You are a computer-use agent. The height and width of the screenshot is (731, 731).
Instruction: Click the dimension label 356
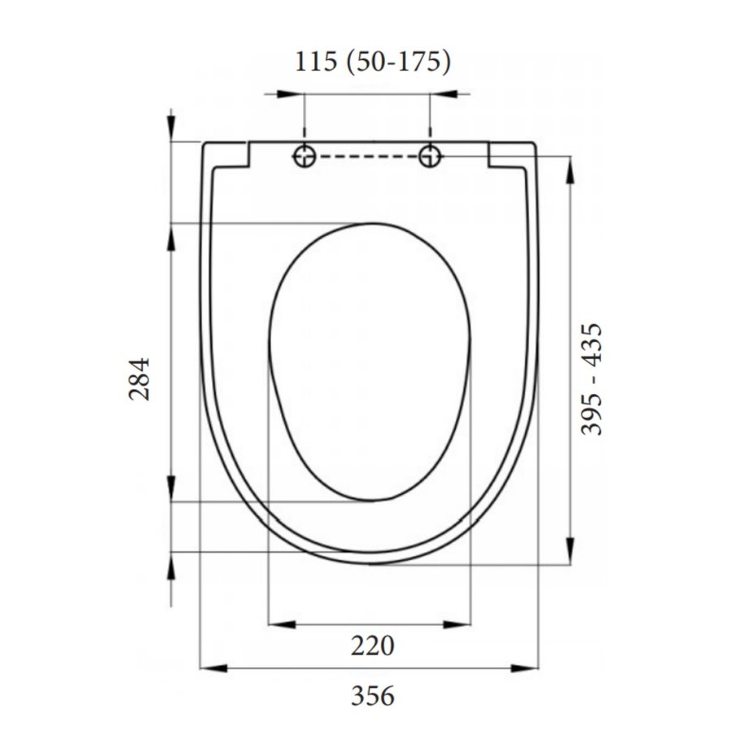point(373,696)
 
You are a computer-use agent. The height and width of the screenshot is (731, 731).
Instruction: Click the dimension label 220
point(373,647)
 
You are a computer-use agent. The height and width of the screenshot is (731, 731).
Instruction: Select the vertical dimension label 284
point(141,378)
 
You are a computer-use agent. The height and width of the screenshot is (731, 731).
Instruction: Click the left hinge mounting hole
point(305,155)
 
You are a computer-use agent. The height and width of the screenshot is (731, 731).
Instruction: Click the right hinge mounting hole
point(430,155)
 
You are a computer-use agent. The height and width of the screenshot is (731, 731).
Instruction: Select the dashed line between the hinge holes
point(367,155)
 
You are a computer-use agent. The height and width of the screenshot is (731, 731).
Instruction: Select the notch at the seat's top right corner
point(510,157)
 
